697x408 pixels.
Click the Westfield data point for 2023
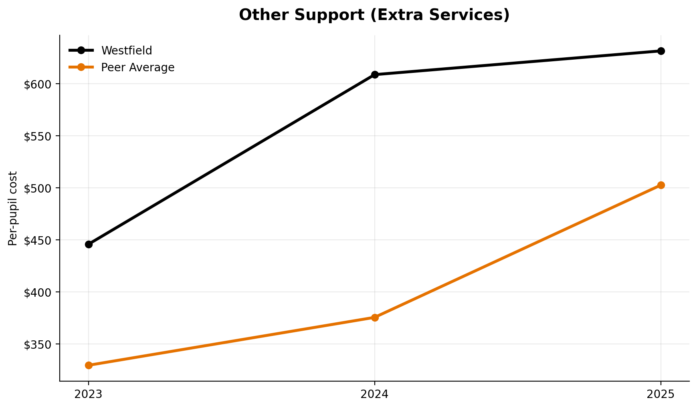coord(89,244)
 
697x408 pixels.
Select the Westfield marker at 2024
coord(375,74)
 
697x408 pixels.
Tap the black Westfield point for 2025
coord(661,51)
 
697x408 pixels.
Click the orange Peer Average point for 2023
coord(89,365)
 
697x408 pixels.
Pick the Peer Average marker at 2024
coord(375,318)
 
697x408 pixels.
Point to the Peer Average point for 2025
coord(661,185)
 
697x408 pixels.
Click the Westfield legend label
coord(127,50)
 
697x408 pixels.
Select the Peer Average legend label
coord(137,67)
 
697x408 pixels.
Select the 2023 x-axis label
coord(89,394)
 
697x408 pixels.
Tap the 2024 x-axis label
coord(375,394)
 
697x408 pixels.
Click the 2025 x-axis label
coord(661,394)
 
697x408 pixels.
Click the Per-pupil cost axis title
coord(13,208)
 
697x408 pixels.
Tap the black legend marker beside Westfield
coord(81,50)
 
